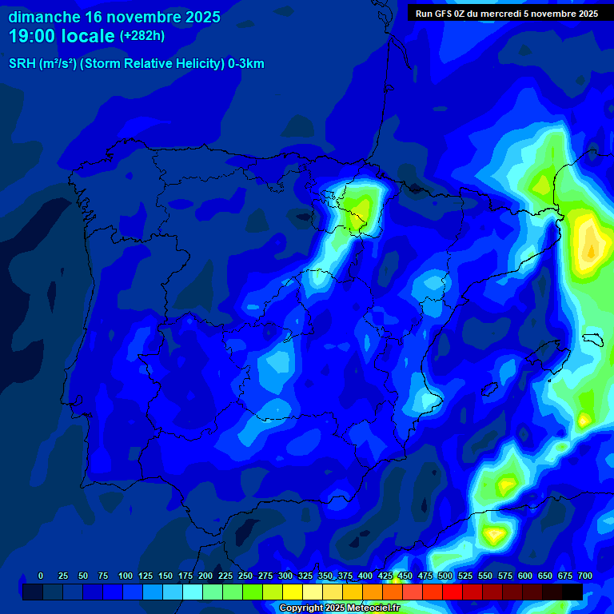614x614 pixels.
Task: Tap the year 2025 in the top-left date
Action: (197, 17)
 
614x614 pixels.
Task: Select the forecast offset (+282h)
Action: (142, 36)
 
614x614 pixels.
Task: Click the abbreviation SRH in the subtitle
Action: (22, 64)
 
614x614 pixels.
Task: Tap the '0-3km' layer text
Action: (246, 64)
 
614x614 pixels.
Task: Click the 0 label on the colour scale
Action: (41, 576)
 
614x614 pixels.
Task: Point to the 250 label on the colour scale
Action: (245, 576)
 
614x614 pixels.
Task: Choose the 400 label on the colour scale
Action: (365, 576)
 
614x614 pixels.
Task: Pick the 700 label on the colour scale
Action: (585, 576)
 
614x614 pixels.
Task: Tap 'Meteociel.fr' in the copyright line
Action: (372, 608)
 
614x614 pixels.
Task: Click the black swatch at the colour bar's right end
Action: (572, 592)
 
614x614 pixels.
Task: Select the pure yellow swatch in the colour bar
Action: (292, 592)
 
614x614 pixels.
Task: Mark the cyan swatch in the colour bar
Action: (192, 592)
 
